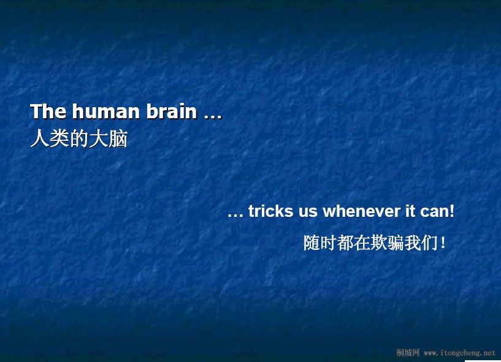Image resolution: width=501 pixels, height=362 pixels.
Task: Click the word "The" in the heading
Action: click(48, 111)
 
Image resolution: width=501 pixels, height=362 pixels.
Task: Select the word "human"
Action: click(105, 111)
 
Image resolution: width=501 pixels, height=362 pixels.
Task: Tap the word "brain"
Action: click(172, 111)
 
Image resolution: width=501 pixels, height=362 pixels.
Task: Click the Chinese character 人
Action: click(40, 138)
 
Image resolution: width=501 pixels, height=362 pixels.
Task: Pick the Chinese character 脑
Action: click(118, 138)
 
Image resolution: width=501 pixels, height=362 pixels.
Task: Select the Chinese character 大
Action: click(98, 138)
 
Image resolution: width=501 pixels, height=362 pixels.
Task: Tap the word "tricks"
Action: click(270, 211)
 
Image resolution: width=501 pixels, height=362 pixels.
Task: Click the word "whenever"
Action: click(361, 211)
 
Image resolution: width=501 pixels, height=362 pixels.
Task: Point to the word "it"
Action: click(410, 211)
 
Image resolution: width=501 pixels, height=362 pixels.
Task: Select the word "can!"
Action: click(437, 211)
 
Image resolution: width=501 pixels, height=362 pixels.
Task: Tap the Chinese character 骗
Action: click(396, 243)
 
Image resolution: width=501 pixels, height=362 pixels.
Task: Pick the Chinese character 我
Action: click(413, 243)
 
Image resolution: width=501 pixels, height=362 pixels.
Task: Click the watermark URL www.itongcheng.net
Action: click(459, 353)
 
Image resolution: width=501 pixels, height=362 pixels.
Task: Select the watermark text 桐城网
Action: click(408, 353)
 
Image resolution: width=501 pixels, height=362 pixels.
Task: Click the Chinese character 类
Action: click(59, 138)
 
